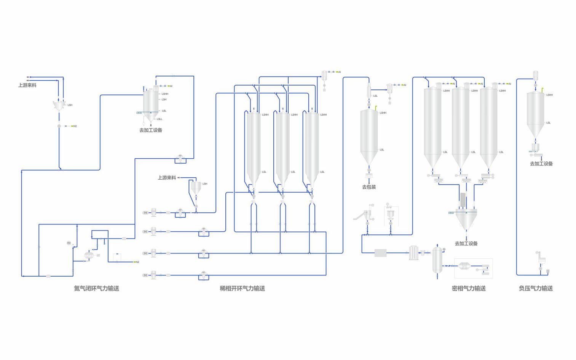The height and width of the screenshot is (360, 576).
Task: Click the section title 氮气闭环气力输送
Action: (x=96, y=288)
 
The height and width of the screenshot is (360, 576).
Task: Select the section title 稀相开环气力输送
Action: (x=242, y=288)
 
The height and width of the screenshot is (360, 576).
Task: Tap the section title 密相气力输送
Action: (x=469, y=288)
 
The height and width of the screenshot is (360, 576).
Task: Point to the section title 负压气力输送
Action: (x=536, y=288)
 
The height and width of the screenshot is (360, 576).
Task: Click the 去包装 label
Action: (x=369, y=187)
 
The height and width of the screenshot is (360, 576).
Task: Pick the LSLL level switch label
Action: (x=160, y=119)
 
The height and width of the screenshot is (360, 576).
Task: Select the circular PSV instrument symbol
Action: (x=69, y=243)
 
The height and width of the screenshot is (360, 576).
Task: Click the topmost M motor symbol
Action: (x=145, y=213)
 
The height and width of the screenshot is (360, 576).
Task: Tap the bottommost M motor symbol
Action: (x=145, y=275)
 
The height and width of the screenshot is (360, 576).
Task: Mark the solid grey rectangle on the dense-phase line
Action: (x=380, y=253)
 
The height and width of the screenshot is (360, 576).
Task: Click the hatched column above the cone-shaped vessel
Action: (x=463, y=200)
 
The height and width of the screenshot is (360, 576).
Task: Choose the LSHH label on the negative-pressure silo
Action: (x=549, y=95)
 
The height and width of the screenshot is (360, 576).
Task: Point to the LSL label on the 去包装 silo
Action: (x=382, y=150)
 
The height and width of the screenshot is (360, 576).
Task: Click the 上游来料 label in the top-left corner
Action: (x=27, y=85)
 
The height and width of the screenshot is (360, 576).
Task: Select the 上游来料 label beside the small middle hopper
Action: (x=167, y=178)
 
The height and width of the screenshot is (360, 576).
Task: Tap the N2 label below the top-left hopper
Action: (x=75, y=126)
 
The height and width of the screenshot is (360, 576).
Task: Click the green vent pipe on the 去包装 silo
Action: (x=376, y=108)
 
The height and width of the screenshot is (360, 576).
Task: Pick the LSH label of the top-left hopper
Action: (x=70, y=105)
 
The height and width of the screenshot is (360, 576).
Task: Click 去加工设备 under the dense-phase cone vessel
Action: (x=466, y=244)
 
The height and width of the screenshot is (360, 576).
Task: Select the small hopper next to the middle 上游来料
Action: (x=196, y=188)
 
